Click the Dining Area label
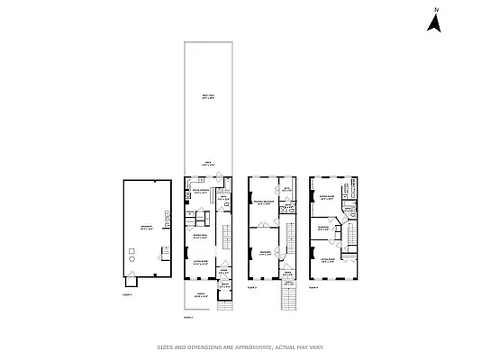(201, 236)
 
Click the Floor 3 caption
(252, 289)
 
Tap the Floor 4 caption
(314, 289)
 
